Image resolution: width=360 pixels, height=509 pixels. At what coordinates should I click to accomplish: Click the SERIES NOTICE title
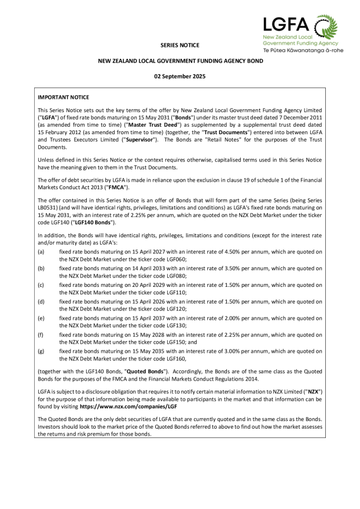click(179, 45)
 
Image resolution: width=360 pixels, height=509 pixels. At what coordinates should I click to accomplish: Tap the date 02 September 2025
click(179, 76)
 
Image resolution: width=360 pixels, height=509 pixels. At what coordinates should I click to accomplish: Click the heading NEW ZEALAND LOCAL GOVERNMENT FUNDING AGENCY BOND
click(180, 60)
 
